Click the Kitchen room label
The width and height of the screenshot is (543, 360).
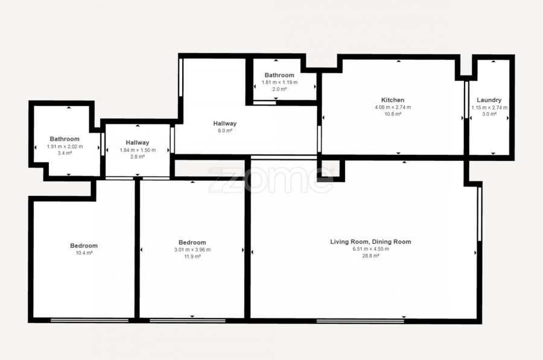[x=393, y=100]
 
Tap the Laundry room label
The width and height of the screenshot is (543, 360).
[x=489, y=100]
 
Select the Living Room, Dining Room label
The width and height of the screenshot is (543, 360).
[x=370, y=242]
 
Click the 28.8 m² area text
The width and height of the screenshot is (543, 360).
[x=370, y=256]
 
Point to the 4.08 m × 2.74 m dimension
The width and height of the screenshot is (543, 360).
[x=393, y=107]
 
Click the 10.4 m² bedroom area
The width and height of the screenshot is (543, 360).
[x=84, y=253]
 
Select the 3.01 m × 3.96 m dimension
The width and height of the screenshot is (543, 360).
[x=192, y=250]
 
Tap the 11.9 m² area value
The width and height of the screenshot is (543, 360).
[x=192, y=256]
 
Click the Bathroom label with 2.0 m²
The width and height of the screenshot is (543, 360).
[x=279, y=75]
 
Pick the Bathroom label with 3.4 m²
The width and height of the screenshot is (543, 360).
[x=65, y=139]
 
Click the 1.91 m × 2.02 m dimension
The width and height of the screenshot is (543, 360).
[x=65, y=147]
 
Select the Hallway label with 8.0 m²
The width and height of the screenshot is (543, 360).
[x=225, y=123]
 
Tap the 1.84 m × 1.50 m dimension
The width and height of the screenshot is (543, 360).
[x=138, y=150]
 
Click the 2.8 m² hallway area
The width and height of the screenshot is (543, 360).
[x=138, y=157]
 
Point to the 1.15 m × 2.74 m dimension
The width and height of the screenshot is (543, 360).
[x=489, y=107]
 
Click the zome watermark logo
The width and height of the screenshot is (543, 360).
[x=270, y=180]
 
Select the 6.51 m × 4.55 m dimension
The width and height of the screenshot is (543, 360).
[x=370, y=249]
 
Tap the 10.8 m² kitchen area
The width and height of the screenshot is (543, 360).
[x=393, y=114]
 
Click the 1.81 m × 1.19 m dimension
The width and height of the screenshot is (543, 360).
[x=279, y=83]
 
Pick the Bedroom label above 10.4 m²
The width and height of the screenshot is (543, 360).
[x=84, y=246]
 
